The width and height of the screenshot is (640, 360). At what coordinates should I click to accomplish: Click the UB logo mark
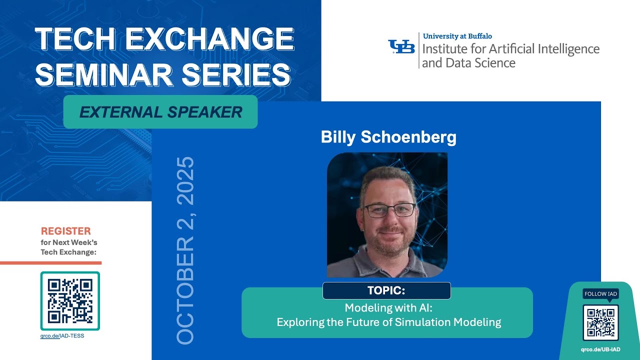point(401,46)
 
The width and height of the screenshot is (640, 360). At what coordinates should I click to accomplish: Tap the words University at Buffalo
point(457,36)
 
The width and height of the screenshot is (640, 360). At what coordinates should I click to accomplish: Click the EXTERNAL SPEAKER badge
point(160,112)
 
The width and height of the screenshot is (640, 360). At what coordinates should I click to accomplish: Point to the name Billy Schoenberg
point(388,137)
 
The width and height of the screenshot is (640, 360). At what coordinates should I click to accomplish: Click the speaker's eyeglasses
point(389,210)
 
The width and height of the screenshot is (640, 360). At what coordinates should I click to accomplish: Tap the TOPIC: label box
point(386,290)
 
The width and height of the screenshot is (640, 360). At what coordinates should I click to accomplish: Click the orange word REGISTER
point(65,231)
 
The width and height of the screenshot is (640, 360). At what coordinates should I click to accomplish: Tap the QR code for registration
point(70,301)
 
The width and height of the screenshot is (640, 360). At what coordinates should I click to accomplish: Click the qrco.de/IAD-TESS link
point(62,336)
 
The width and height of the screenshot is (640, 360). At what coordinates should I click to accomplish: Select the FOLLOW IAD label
point(600,294)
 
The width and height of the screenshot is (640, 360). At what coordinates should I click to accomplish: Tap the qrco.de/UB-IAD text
point(600,349)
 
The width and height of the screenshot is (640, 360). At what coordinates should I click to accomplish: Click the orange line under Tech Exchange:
point(50,262)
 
